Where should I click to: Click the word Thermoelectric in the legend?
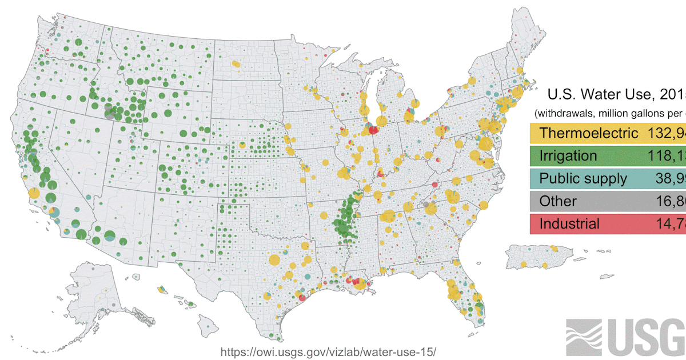pyautogui.click(x=588, y=133)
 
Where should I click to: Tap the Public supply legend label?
pyautogui.click(x=583, y=178)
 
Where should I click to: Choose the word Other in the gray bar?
pyautogui.click(x=558, y=201)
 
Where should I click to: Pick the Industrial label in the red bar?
pyautogui.click(x=569, y=223)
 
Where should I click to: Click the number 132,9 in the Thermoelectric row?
pyautogui.click(x=667, y=133)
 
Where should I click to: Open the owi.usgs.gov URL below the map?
pyautogui.click(x=332, y=350)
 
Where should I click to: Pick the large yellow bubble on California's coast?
pyautogui.click(x=34, y=193)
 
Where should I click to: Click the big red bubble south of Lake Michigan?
pyautogui.click(x=373, y=130)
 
